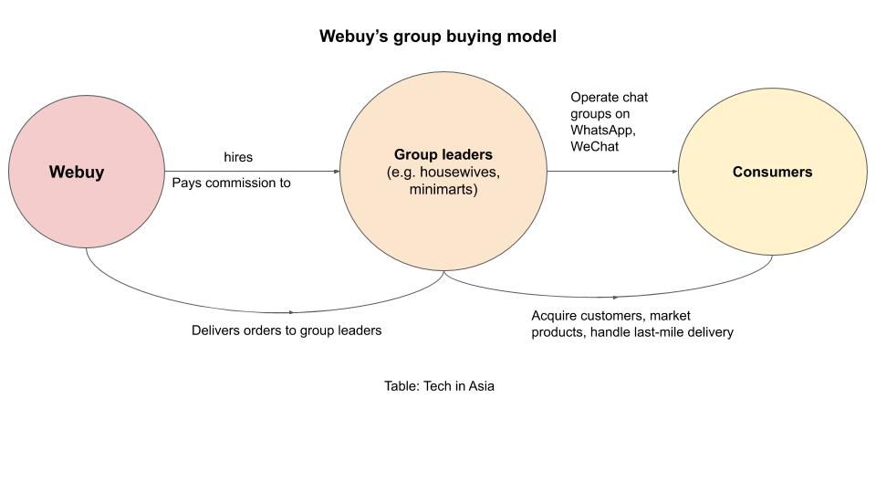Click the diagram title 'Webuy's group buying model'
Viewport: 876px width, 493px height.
tap(437, 37)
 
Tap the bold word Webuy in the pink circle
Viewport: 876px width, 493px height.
tap(77, 172)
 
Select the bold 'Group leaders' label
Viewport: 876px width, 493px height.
tap(443, 154)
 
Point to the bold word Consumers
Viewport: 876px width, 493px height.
tap(772, 172)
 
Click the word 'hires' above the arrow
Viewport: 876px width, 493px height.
tap(238, 158)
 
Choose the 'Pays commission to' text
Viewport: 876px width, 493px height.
tap(232, 183)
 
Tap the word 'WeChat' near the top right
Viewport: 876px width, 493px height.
tap(595, 146)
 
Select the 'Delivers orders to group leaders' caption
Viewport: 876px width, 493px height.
tap(287, 330)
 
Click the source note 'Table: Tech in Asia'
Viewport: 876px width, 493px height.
tap(439, 386)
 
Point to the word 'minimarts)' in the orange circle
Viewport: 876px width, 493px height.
tap(443, 191)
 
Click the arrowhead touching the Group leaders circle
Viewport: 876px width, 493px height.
tap(337, 172)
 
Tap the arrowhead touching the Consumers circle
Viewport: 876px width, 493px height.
tap(674, 172)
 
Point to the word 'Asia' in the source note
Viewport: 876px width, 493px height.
tap(481, 386)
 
